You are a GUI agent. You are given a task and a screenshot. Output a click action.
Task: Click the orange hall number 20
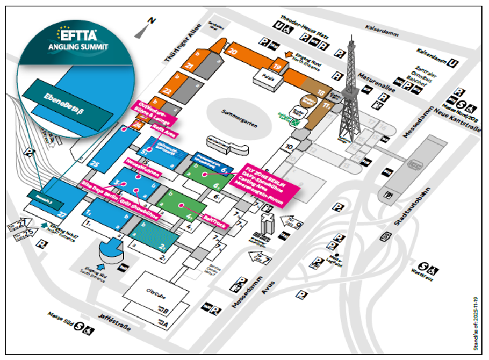232,52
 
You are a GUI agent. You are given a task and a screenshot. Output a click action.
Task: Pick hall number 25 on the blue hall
96,163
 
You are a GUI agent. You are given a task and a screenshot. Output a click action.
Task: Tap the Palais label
269,77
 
